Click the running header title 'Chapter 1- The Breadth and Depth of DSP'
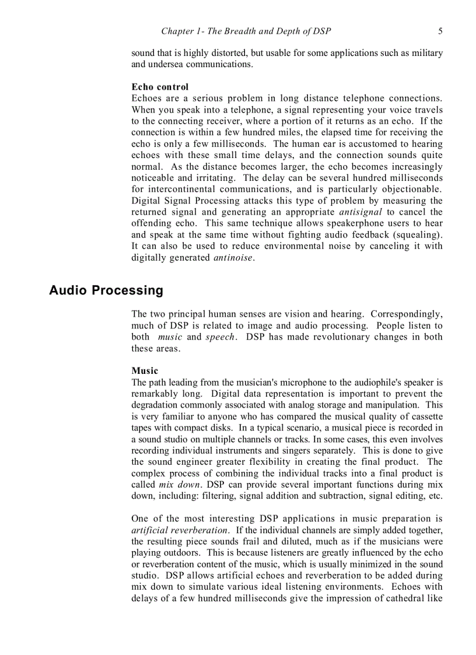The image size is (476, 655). point(246,31)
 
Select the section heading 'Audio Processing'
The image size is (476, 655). point(106,290)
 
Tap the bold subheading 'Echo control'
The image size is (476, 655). point(160,87)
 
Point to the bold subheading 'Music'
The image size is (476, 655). point(145,371)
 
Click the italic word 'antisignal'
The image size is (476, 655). point(360,212)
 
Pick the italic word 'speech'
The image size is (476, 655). point(220,337)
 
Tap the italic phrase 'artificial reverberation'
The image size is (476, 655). point(180,530)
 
